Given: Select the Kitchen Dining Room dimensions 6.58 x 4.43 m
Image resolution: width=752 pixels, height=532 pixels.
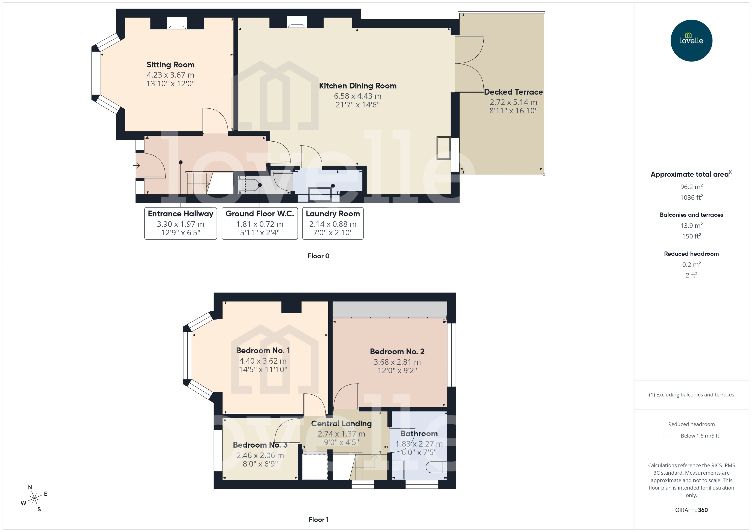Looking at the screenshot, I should pos(358,96).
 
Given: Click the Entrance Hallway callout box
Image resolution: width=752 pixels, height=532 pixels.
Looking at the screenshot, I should pos(180,223).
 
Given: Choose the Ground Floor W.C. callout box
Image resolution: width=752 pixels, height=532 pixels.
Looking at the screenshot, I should pos(260,223).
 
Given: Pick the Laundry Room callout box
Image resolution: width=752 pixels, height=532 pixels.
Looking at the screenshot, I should pos(333,223).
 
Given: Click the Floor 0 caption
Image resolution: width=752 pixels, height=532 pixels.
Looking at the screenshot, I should pos(318,256).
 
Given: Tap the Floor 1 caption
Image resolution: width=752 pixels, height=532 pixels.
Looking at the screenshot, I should pos(318,520).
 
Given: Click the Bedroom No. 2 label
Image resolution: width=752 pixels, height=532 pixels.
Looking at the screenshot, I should pos(397,352).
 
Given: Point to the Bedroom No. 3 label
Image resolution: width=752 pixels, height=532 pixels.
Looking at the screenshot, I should pos(260,445).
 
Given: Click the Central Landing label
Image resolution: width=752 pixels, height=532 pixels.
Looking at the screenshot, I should pos(341,424).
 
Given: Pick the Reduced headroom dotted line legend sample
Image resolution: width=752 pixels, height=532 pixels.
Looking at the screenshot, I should pos(670,436).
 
